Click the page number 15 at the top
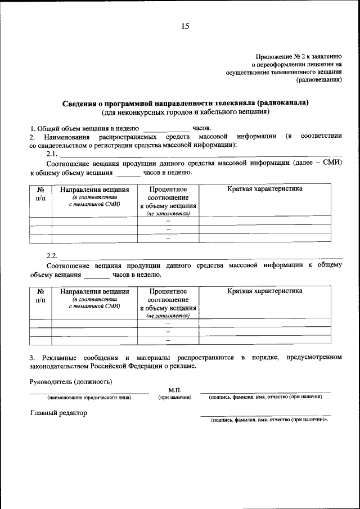click(x=184, y=26)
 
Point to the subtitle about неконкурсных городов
click(x=186, y=111)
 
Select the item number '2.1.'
click(x=52, y=154)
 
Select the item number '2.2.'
click(x=52, y=256)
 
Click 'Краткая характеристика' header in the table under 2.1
click(x=264, y=189)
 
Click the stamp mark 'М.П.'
click(x=174, y=390)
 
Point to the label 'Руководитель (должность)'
click(x=71, y=382)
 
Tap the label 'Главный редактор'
click(x=58, y=413)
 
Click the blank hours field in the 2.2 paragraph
click(x=97, y=275)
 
